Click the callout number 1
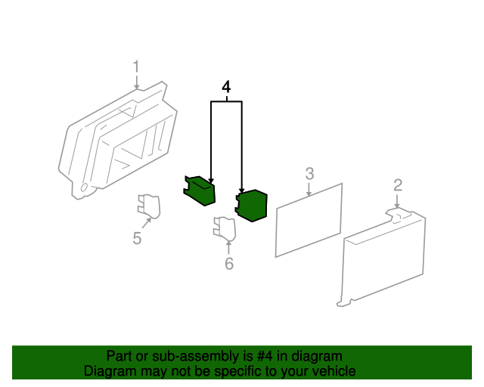pyautogui.click(x=136, y=67)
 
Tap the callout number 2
pyautogui.click(x=398, y=185)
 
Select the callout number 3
pyautogui.click(x=309, y=174)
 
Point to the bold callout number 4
pyautogui.click(x=226, y=87)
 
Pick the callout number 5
pyautogui.click(x=137, y=238)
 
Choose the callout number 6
pyautogui.click(x=229, y=263)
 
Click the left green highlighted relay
pyautogui.click(x=199, y=190)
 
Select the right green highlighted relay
pyautogui.click(x=251, y=206)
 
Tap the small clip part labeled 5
pyautogui.click(x=149, y=206)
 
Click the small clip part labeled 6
pyautogui.click(x=225, y=229)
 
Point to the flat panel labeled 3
pyautogui.click(x=309, y=220)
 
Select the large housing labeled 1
pyautogui.click(x=118, y=141)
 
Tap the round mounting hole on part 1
pyautogui.click(x=84, y=187)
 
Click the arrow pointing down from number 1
pyautogui.click(x=136, y=82)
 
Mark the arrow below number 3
pyautogui.click(x=309, y=189)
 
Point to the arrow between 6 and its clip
pyautogui.click(x=228, y=248)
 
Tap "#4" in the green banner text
pyautogui.click(x=265, y=356)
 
